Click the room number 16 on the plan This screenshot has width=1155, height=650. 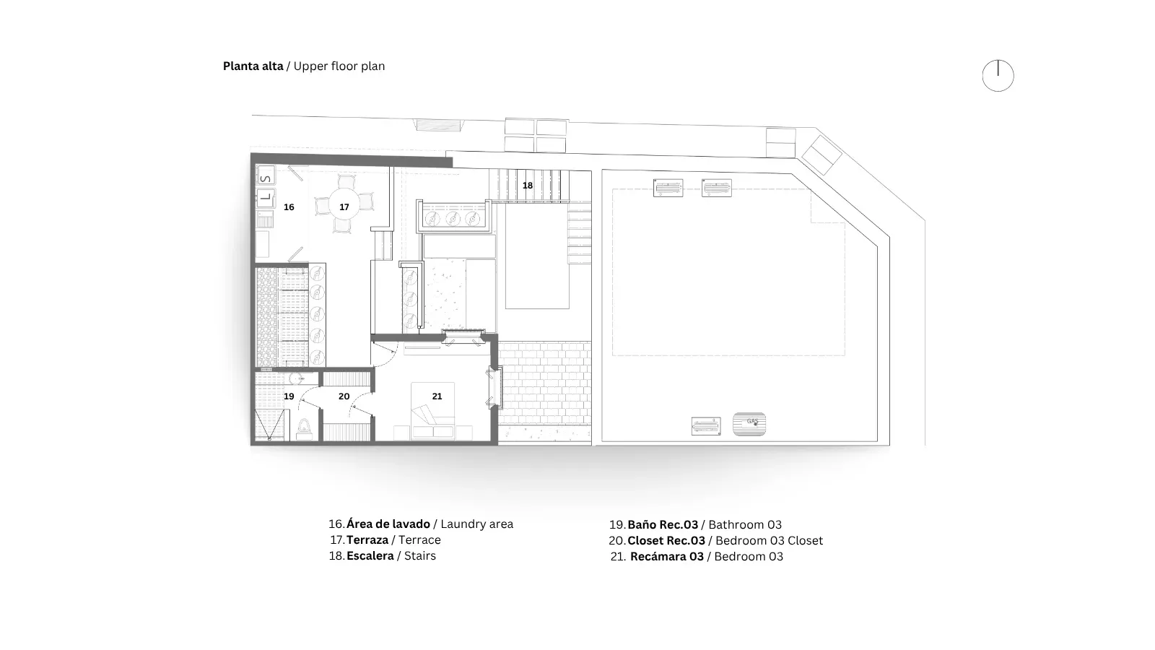point(289,207)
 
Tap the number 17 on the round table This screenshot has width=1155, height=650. point(344,207)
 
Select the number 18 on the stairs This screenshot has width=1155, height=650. point(528,185)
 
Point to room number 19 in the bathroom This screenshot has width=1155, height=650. point(289,396)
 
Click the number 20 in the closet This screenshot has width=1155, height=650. point(344,396)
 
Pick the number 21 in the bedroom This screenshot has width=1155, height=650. point(437,396)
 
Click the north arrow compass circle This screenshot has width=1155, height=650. point(998,76)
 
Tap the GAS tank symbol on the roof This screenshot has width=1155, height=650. point(749,424)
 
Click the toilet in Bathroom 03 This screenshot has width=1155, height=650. point(304,429)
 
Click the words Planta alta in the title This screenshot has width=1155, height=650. point(253,66)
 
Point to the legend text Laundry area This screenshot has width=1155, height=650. point(477,524)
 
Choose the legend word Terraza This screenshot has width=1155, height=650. point(367,539)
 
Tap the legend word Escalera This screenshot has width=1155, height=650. point(370,555)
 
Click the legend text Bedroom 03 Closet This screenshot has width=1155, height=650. point(770,541)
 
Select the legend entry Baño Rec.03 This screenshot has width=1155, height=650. point(663,524)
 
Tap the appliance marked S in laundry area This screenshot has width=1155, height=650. point(266,176)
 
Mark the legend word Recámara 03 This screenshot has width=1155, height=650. point(667,556)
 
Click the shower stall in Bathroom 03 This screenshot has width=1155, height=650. point(269,425)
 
